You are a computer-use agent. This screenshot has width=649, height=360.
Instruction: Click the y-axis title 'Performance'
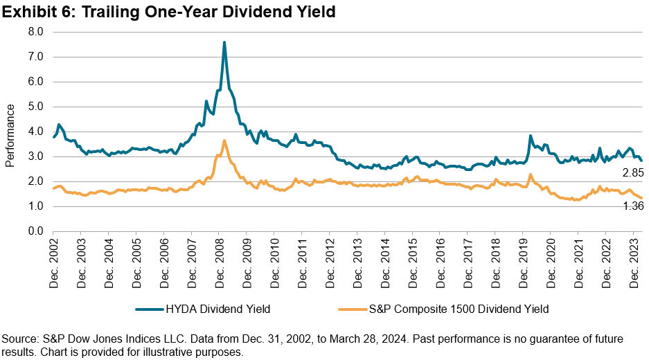tap(10, 135)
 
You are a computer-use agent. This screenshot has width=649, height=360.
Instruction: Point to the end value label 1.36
tap(632, 206)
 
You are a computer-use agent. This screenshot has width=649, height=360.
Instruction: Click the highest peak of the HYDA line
tap(224, 42)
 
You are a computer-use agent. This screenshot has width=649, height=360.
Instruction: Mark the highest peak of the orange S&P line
tap(224, 141)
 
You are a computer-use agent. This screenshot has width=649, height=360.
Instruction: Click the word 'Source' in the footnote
tap(21, 339)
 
